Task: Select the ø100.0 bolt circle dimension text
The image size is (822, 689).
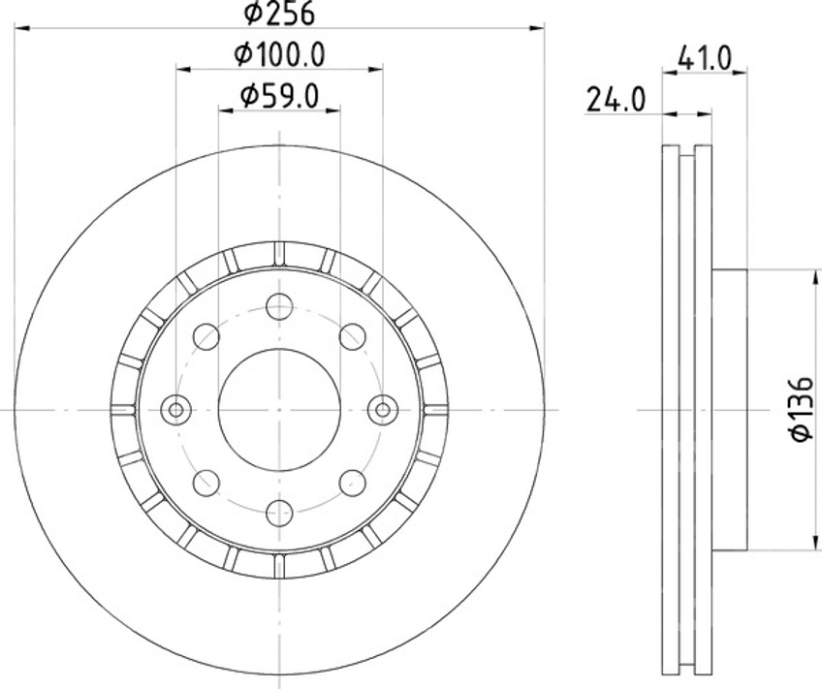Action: (280, 54)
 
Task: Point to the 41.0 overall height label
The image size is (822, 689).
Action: (704, 58)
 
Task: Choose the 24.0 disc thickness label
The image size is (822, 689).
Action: (616, 100)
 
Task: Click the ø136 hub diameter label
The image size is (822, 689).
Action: (802, 410)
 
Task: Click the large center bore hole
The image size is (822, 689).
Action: (279, 409)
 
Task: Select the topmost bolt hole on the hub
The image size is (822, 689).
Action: (279, 306)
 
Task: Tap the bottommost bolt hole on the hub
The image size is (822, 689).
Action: (279, 513)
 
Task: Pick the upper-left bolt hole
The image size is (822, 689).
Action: (206, 336)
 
